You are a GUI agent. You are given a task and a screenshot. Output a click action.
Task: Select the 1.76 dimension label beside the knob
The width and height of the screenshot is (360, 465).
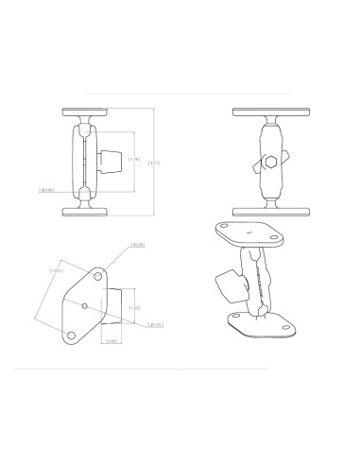pos(134,160)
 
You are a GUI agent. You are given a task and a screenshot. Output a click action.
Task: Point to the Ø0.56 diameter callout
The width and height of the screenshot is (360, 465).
pos(44,190)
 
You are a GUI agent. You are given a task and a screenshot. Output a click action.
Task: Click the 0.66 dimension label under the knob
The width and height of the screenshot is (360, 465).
pos(111,341)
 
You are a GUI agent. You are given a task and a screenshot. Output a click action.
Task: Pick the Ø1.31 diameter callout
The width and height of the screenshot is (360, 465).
pos(156,324)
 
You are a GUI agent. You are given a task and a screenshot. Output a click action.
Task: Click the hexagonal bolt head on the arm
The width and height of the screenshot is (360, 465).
pos(272,162)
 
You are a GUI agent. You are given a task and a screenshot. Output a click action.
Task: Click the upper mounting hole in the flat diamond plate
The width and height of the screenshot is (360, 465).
pos(99,276)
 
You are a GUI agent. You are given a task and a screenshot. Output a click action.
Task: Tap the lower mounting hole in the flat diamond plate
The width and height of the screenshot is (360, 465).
pos(71,336)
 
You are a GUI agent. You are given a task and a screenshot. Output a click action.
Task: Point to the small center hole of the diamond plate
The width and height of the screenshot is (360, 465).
pos(85,306)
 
